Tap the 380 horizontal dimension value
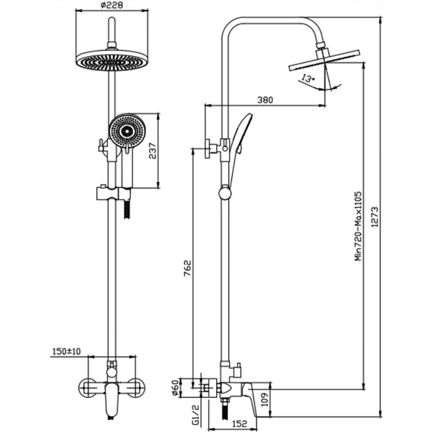pyautogui.click(x=265, y=100)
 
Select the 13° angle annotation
pyautogui.click(x=308, y=79)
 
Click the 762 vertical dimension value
pyautogui.click(x=187, y=271)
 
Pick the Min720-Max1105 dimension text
pyautogui.click(x=359, y=225)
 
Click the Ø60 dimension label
pyautogui.click(x=175, y=388)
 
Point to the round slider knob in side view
pyautogui.click(x=225, y=192)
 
